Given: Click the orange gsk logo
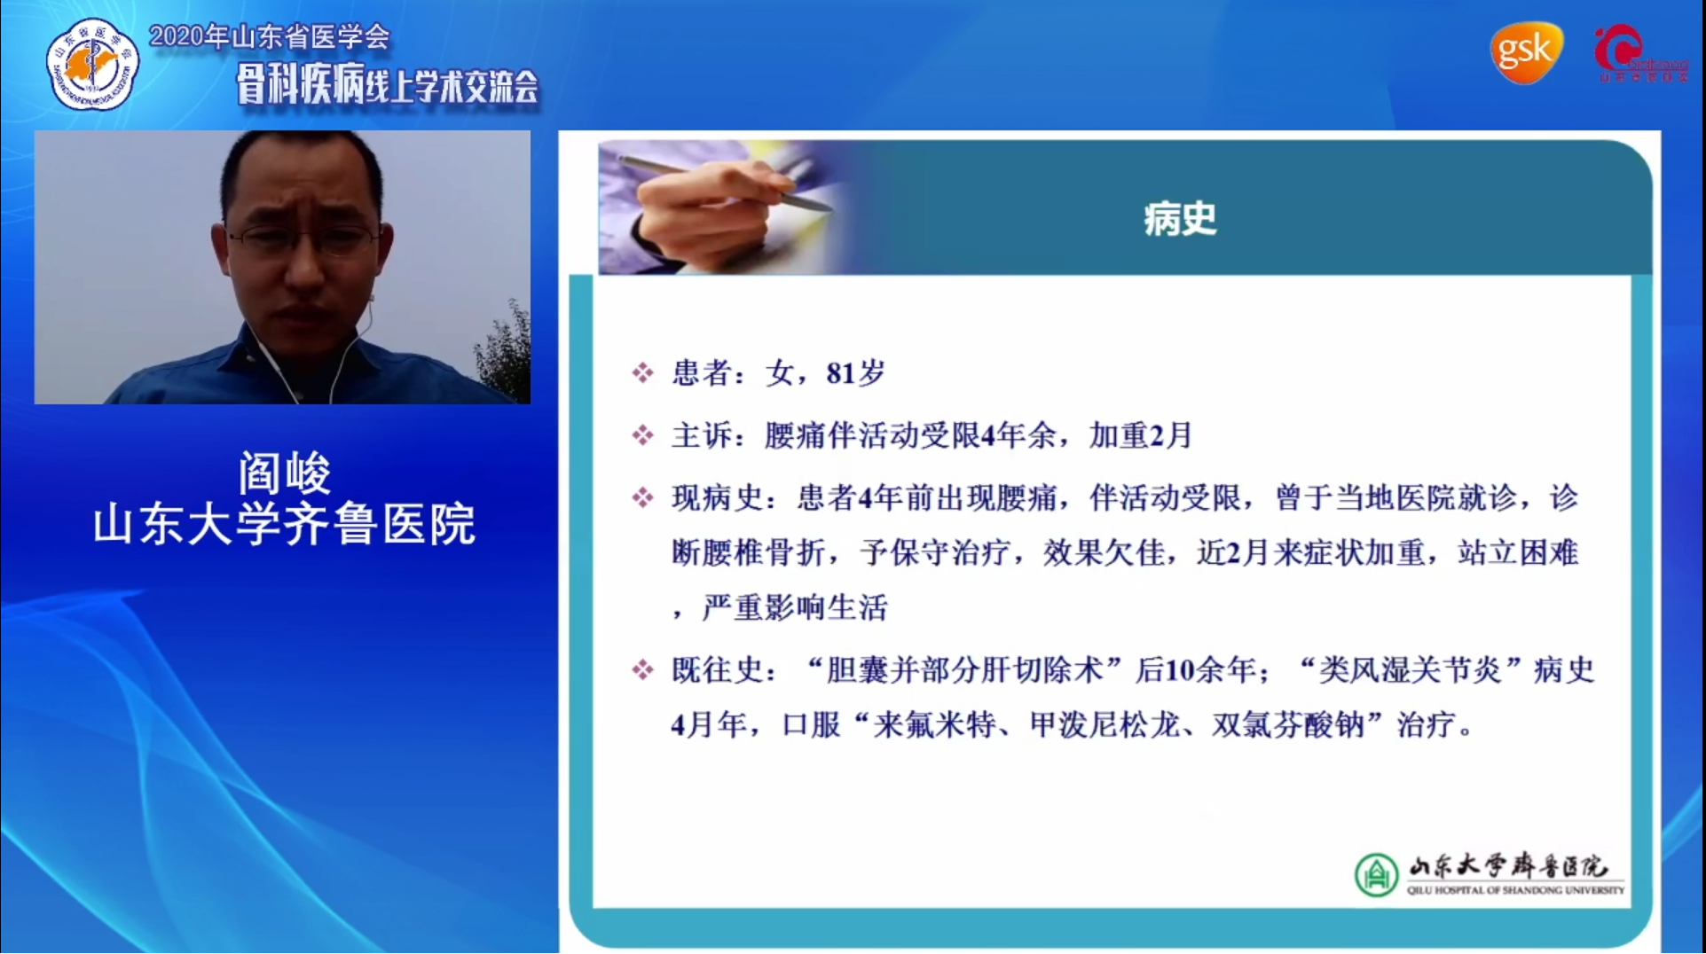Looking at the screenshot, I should click(x=1525, y=52).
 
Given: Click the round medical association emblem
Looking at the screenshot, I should click(x=92, y=64).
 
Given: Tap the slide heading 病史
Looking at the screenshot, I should click(x=1179, y=219).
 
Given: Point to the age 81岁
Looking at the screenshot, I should click(x=855, y=373).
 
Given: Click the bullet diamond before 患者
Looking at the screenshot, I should click(x=642, y=373).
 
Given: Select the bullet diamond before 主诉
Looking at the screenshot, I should click(x=642, y=435).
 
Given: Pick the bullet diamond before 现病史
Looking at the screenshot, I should click(x=642, y=497).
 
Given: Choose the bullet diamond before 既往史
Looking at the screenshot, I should click(x=642, y=669).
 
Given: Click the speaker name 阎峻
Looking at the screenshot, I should click(x=284, y=473).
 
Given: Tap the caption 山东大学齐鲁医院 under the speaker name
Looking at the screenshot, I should click(x=284, y=524).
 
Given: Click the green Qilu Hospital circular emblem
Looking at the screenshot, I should click(x=1375, y=874).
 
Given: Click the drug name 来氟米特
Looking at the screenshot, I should click(x=934, y=725).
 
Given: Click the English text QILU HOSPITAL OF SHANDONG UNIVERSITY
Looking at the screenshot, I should click(x=1515, y=890).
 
